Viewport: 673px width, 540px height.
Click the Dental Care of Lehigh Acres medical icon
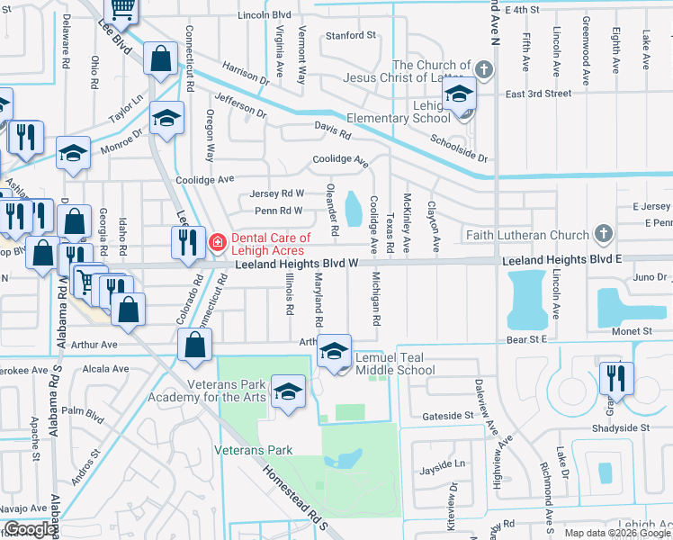(217, 242)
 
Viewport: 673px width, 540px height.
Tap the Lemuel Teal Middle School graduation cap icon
(334, 352)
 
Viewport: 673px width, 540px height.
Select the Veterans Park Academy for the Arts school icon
(288, 391)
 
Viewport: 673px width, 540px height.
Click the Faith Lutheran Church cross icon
(603, 235)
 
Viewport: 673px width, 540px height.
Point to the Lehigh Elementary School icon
(460, 94)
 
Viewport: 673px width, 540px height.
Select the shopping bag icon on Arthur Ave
(195, 345)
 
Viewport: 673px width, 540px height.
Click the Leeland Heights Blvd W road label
(298, 263)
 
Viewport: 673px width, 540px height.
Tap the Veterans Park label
(254, 449)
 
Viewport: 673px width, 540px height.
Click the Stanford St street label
(350, 35)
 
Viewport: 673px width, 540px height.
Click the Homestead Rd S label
(297, 496)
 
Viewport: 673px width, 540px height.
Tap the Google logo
(30, 529)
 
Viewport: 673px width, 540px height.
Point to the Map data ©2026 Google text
(615, 533)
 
